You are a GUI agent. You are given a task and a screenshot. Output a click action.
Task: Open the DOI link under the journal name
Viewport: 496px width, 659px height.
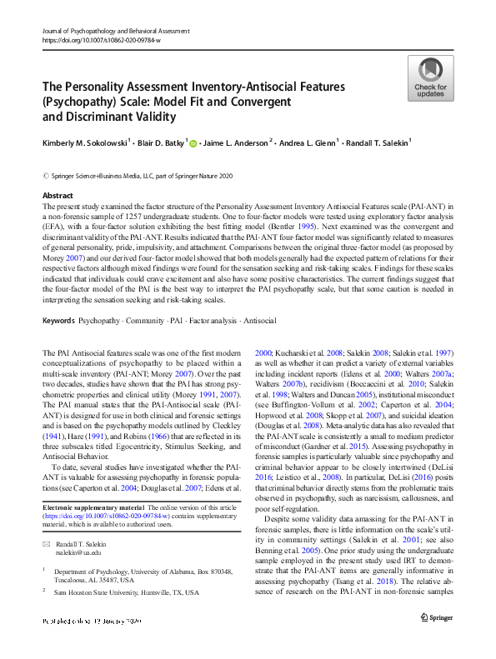point(103,38)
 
